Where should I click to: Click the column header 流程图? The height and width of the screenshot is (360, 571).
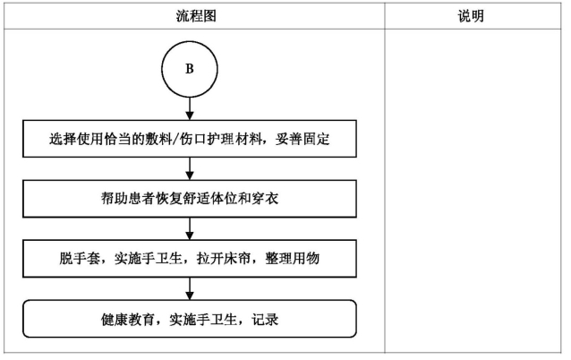coord(196,16)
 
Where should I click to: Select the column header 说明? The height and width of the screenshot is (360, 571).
coord(471,16)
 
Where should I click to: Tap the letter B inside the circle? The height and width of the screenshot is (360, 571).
coord(190,69)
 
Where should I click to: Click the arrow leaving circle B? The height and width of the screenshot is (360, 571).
coord(190,108)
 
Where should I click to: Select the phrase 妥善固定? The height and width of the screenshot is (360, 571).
coord(303,139)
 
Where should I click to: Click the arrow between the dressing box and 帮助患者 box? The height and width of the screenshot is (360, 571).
coord(190,168)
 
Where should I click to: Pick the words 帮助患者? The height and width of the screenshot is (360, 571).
coord(128,199)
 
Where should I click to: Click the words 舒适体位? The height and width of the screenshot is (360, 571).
coord(210,199)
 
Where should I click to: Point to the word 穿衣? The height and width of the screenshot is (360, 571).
coord(265,199)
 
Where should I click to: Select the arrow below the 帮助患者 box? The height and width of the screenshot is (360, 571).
coord(190,229)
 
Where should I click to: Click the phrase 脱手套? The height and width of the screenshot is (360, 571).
coord(81,258)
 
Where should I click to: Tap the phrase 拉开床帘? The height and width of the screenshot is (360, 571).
coord(224,258)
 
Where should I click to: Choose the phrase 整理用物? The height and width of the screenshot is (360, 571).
coord(293,258)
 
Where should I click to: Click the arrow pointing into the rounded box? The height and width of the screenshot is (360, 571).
coord(190,289)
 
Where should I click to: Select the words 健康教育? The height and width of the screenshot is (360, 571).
coord(128,320)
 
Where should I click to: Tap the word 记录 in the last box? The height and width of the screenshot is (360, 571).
coord(265,320)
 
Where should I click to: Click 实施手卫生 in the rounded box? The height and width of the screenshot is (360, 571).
coord(203,320)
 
